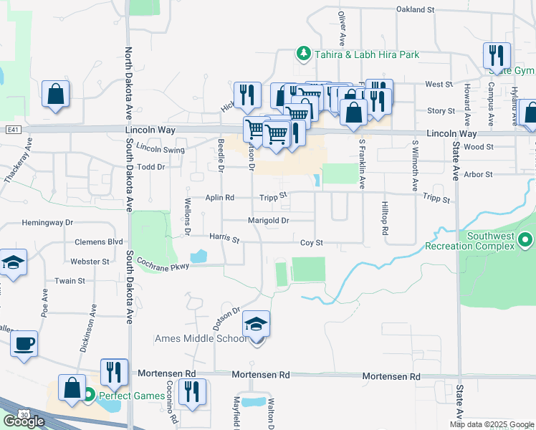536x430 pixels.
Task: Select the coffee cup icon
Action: pos(24,343)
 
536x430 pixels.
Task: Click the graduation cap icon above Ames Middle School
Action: pos(256,325)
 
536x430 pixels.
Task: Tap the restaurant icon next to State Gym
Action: pos(496,55)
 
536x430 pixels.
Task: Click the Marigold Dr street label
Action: pos(269,221)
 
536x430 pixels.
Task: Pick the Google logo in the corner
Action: pos(24,421)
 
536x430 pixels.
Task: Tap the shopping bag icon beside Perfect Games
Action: pos(72,387)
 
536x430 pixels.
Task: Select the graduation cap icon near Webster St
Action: pos(13,263)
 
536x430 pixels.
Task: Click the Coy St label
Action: pos(312,243)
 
